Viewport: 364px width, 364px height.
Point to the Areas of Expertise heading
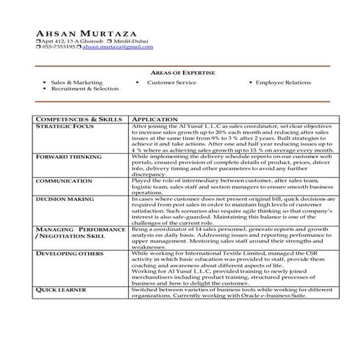click(x=182, y=74)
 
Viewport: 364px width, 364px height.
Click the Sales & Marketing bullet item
click(x=76, y=83)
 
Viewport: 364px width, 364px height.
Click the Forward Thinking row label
click(x=68, y=157)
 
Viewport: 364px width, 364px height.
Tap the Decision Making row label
click(x=65, y=199)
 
